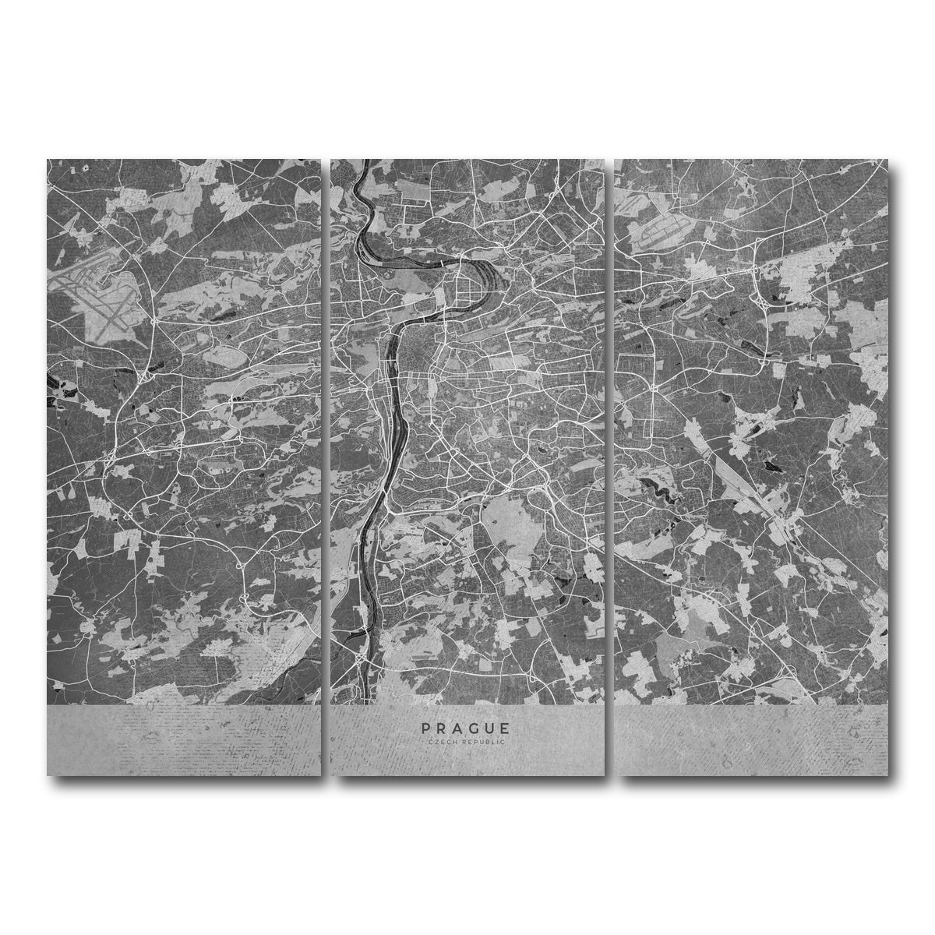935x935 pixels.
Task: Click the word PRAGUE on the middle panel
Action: pyautogui.click(x=466, y=729)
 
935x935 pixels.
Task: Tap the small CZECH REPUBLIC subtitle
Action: pyautogui.click(x=466, y=743)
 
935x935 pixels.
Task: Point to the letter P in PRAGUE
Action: pyautogui.click(x=426, y=729)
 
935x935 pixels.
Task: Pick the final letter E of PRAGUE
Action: pyautogui.click(x=506, y=729)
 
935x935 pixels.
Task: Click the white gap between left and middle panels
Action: pyautogui.click(x=326, y=467)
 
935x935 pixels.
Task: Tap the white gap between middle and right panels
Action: pyautogui.click(x=609, y=467)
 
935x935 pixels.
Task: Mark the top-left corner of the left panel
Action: pyautogui.click(x=48, y=161)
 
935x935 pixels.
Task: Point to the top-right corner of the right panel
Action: pyautogui.click(x=886, y=161)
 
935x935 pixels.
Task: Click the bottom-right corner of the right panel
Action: pyautogui.click(x=886, y=774)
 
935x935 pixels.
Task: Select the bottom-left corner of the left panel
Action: pyautogui.click(x=48, y=774)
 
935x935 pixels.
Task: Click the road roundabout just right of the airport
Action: pyautogui.click(x=157, y=320)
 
